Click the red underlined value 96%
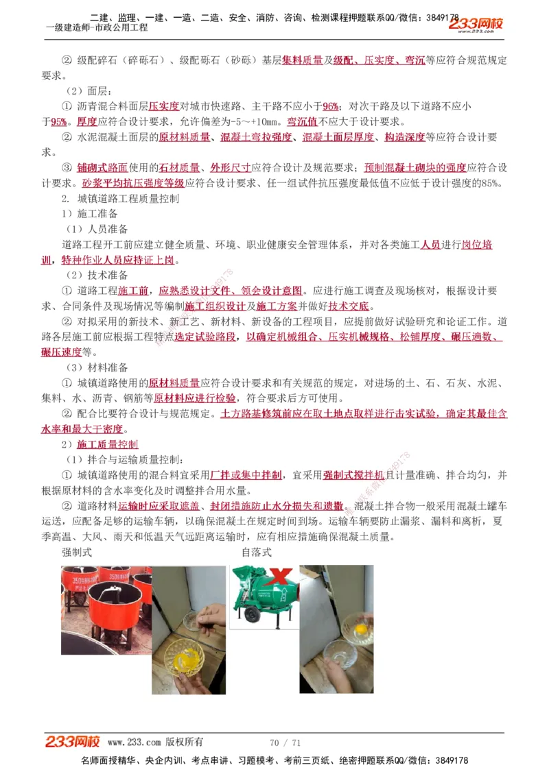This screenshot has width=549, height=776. [331, 106]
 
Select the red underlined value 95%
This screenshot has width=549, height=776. [59, 122]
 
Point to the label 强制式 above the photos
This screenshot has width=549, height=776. [77, 551]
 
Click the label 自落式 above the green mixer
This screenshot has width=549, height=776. [256, 551]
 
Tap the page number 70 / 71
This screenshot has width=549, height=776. [285, 742]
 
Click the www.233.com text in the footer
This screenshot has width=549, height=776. [135, 742]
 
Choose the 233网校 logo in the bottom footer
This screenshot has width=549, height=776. [73, 742]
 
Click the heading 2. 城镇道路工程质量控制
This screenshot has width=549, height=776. [120, 199]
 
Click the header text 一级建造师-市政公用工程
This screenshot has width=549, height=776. [96, 27]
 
